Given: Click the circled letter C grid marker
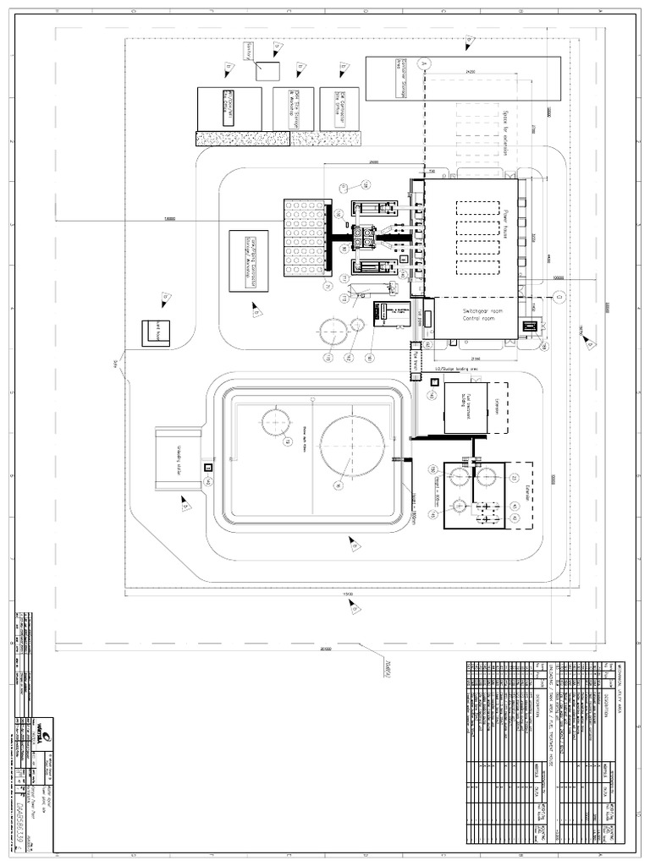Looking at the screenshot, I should (559, 295).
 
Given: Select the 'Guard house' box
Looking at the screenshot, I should (155, 331).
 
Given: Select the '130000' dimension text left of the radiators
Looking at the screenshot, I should (170, 218).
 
